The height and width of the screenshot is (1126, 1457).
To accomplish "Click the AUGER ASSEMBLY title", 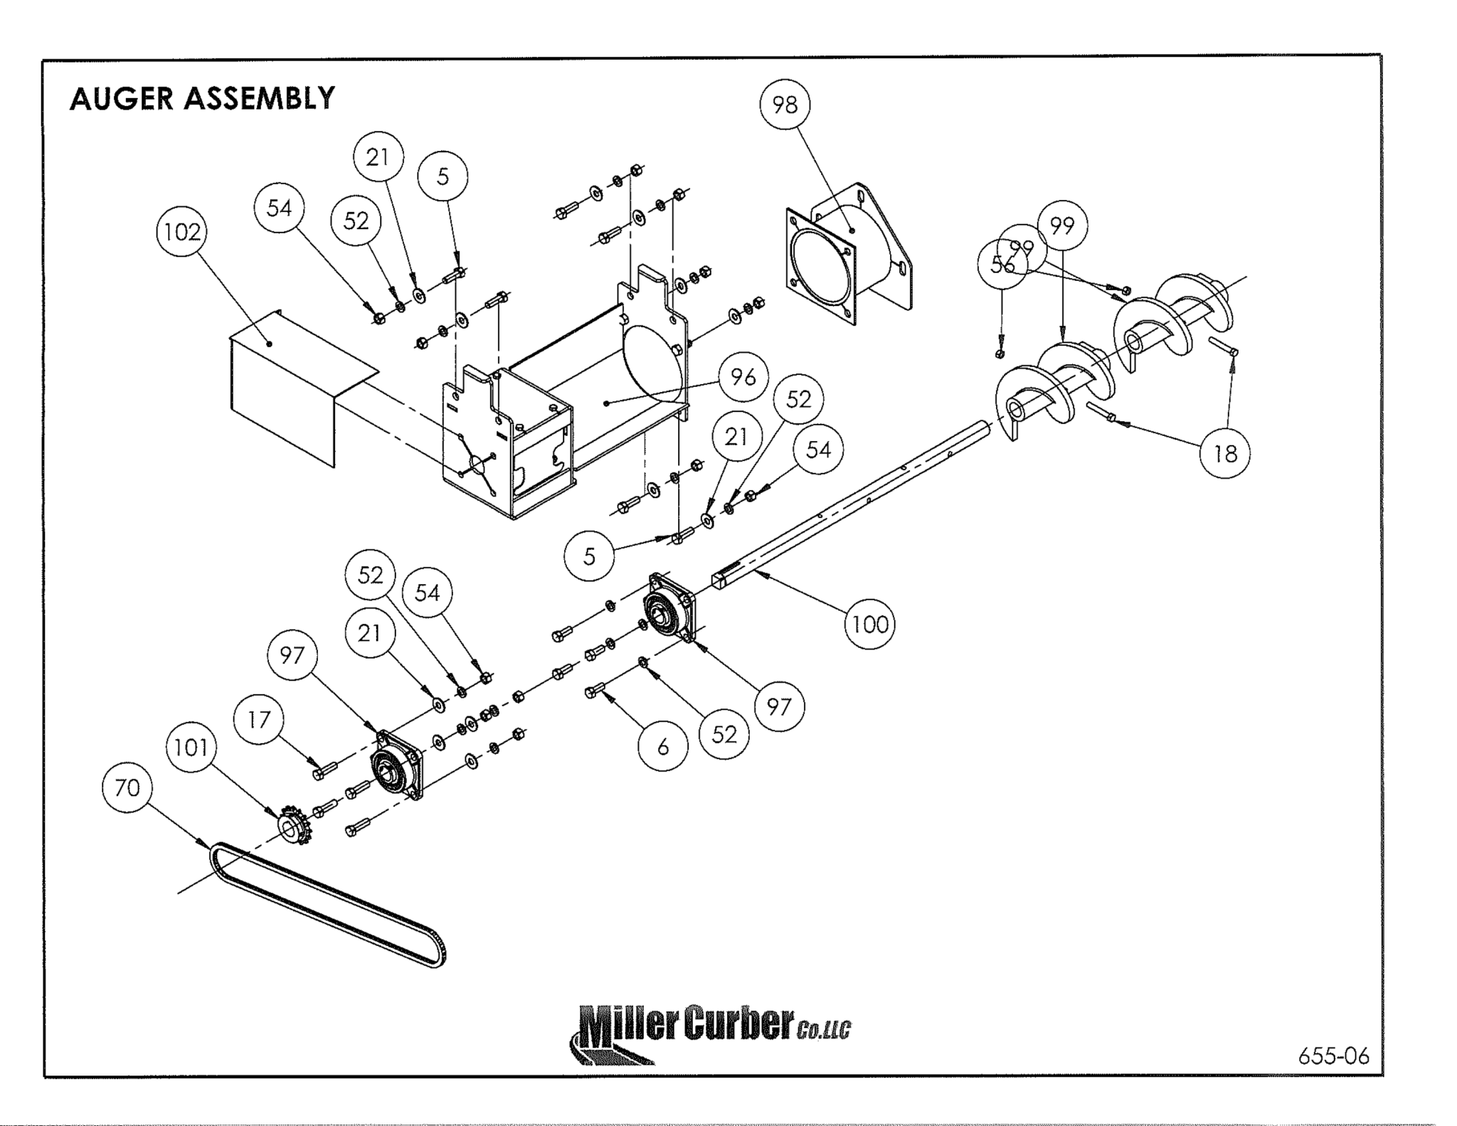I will point(202,98).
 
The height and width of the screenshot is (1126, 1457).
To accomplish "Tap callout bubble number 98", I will point(785,105).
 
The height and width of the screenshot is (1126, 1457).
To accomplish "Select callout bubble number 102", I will point(182,232).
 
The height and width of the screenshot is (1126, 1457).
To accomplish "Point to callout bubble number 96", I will point(743,377).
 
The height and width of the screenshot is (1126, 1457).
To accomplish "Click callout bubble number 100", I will point(869,625).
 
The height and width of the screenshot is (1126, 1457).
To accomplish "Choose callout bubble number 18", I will point(1224,453).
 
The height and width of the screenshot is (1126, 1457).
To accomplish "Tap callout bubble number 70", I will point(127,787).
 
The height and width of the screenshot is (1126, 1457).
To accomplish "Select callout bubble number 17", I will point(259,719).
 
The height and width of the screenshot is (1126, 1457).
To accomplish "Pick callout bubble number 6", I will point(663,746).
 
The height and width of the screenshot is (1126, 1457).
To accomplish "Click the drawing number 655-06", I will point(1333,1056).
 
